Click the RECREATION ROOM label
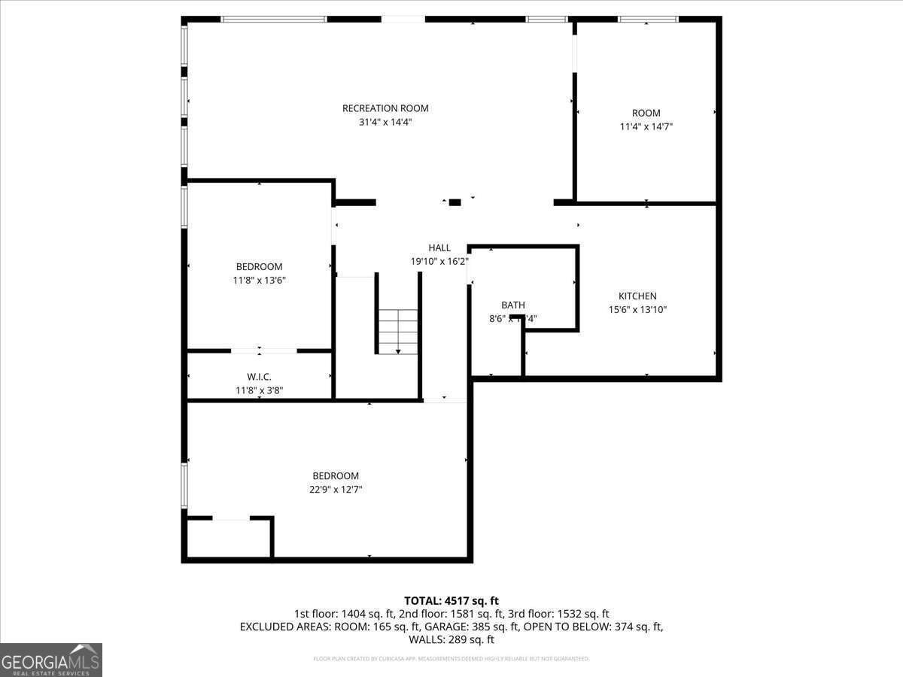point(385,108)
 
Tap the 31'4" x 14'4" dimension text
point(385,122)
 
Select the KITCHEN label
point(637,296)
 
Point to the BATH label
point(513,305)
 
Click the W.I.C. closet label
point(259,377)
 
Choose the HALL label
point(439,247)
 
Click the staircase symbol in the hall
point(398,331)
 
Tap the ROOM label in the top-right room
point(646,114)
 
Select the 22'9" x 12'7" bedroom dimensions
point(336,489)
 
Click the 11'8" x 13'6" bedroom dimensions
point(259,280)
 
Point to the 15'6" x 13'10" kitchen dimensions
point(637,309)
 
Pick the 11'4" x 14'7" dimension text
point(646,127)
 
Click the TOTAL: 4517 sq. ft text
point(451,600)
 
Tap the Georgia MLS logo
point(51,660)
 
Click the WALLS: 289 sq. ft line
point(451,640)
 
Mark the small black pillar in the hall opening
point(455,202)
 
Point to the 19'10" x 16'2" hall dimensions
point(439,261)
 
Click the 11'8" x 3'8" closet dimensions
point(259,390)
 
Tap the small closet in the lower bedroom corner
point(229,539)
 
